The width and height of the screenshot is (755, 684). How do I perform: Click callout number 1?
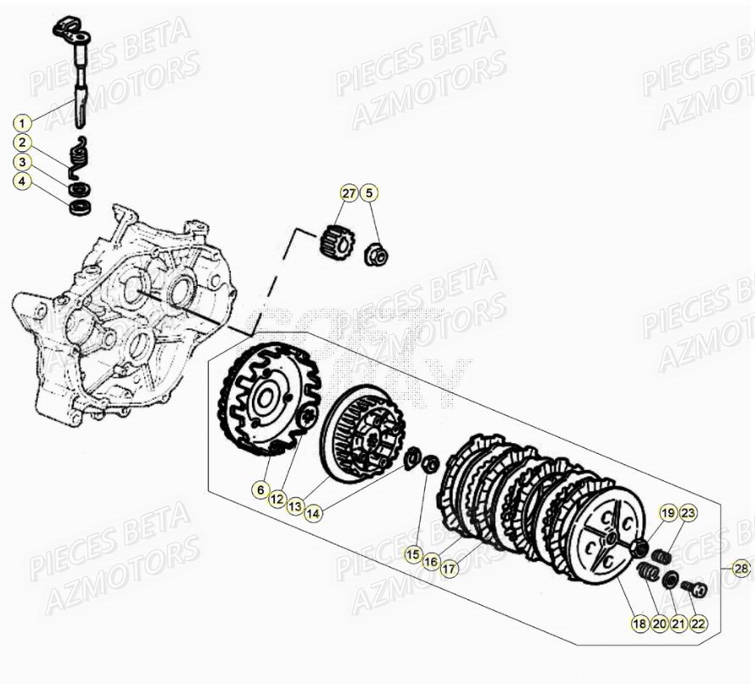[x=23, y=121]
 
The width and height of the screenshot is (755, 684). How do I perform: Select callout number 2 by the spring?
[x=23, y=143]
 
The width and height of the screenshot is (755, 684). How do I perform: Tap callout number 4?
[x=23, y=181]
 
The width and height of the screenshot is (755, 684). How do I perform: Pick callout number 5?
[x=369, y=193]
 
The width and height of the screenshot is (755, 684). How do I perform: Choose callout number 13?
[x=295, y=507]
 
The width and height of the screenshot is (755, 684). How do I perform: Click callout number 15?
[x=412, y=555]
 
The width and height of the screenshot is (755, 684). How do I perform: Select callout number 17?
[x=449, y=569]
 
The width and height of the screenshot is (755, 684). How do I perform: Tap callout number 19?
[x=668, y=512]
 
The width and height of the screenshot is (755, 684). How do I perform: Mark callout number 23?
[x=687, y=512]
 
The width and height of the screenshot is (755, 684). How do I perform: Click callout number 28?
[x=741, y=569]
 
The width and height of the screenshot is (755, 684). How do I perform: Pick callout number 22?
[x=697, y=624]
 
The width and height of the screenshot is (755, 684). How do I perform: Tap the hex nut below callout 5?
[x=376, y=253]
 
